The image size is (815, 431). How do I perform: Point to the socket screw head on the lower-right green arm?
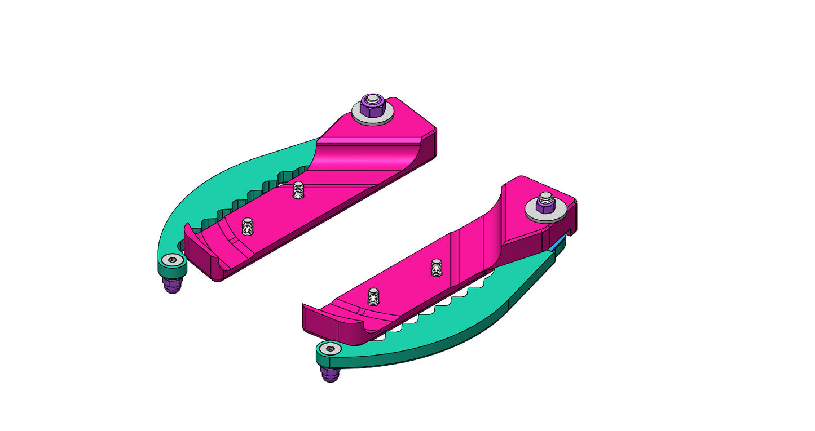[330, 350]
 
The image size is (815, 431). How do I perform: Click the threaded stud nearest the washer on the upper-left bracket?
[299, 190]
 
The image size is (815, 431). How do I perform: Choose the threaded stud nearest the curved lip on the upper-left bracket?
[247, 226]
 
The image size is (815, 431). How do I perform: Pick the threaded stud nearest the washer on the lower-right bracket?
[436, 267]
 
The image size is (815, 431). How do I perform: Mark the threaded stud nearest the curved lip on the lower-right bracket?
[373, 296]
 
